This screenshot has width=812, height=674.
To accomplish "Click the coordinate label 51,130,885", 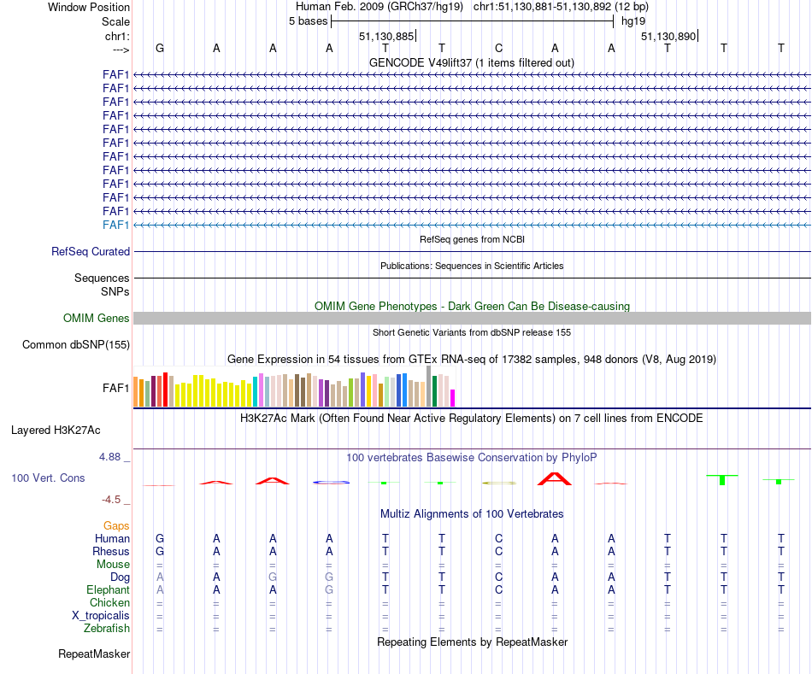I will point(386,36).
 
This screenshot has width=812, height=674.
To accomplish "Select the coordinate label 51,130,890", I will point(668,36).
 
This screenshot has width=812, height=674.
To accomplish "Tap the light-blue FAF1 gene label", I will point(115,225).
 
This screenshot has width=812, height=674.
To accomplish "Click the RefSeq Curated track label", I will point(91,252).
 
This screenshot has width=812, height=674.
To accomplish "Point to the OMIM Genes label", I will point(97,319).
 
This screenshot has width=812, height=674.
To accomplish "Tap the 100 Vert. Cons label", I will point(48,478).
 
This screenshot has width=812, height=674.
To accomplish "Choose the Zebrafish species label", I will point(108,629).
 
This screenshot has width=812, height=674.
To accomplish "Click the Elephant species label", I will point(108,589).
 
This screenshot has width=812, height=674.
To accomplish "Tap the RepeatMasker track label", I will point(94,654).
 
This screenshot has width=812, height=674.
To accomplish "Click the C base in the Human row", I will point(498,538).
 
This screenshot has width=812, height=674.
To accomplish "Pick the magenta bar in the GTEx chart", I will point(453,397).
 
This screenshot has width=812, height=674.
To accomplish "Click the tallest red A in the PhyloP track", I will point(555,478).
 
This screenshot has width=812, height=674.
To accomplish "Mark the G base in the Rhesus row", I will point(159,551).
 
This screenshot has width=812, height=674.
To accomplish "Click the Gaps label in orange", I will point(116,525).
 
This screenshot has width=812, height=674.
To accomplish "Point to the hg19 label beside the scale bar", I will point(633,21).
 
